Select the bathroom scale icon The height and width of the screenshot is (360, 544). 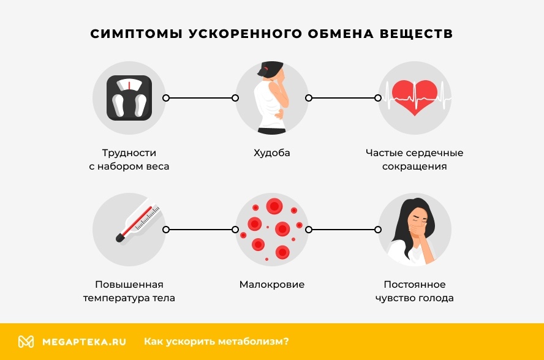click(129, 97)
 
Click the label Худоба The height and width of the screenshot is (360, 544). click(271, 152)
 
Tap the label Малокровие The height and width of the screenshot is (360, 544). click(271, 285)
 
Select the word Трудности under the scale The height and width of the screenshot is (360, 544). click(129, 152)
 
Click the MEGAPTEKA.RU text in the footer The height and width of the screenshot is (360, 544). click(84, 342)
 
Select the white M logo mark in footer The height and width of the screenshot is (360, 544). click(26, 342)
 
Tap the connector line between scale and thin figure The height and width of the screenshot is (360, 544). click(200, 97)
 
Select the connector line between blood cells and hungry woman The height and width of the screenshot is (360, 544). click(343, 230)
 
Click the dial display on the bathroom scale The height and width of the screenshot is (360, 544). click(129, 84)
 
